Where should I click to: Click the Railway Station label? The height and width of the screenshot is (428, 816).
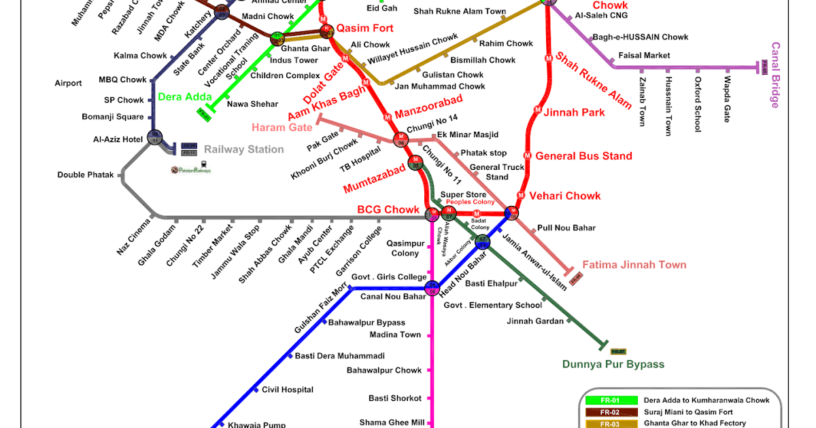[x=244, y=149]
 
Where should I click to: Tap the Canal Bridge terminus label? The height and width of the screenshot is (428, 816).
[x=775, y=75]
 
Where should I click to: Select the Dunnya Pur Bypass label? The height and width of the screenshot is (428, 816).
[x=613, y=364]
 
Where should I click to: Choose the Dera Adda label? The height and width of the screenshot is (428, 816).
[x=185, y=96]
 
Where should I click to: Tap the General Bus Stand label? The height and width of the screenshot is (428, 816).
[x=583, y=156]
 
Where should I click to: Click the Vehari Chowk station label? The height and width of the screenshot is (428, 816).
[x=565, y=196]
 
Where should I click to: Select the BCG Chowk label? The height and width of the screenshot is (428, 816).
[x=388, y=209]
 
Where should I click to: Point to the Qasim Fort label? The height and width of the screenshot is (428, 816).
[x=365, y=28]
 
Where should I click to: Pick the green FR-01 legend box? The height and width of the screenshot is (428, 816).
[x=610, y=400]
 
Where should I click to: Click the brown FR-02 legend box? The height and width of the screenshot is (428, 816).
[x=610, y=412]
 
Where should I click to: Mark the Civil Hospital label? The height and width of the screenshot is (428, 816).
[x=288, y=390]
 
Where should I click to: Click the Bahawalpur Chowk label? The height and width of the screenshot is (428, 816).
[x=384, y=370]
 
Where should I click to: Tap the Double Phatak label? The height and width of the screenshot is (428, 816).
[x=86, y=175]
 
